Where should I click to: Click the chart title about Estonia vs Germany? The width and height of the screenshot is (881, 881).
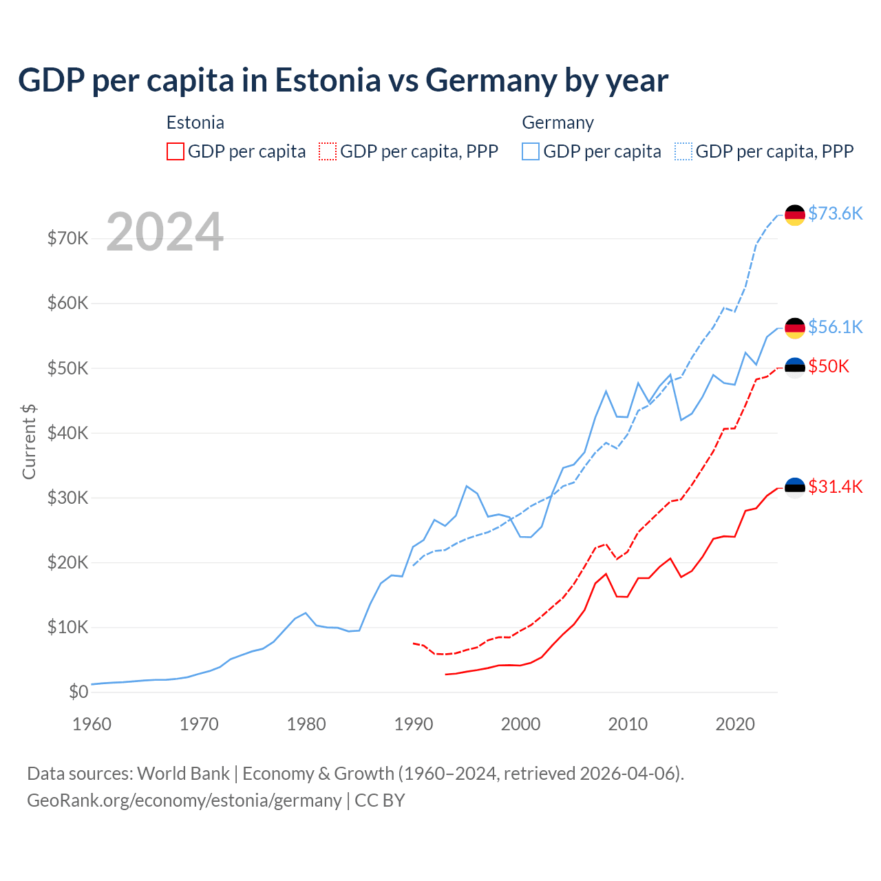pos(343,81)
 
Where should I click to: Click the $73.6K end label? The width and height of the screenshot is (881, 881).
pos(835,213)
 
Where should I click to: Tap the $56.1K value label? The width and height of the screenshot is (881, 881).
pos(835,327)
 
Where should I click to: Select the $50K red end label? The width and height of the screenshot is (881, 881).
pos(829,366)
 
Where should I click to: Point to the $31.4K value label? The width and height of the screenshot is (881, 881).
pos(835,487)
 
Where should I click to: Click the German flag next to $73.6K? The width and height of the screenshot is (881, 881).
pos(795,215)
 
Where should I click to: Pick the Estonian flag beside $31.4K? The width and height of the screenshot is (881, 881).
pos(795,487)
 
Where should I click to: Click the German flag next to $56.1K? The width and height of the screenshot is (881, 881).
pos(795,328)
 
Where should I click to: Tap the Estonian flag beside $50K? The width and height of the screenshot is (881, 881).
pos(795,368)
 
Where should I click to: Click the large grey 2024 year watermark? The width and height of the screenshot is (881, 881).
pos(165,232)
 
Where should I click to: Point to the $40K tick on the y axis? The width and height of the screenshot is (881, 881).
pos(67,433)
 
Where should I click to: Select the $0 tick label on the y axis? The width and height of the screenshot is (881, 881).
pos(78,692)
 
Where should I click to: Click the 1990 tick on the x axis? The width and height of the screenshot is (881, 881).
pos(414,724)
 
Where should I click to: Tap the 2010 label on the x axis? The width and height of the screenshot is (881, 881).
pos(628,724)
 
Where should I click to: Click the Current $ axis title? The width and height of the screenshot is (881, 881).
pos(29,441)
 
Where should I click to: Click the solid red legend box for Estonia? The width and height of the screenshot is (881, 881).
pos(176,151)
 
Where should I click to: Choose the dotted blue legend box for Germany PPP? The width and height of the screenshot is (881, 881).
pos(683,151)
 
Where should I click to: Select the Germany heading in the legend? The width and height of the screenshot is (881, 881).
pos(558,123)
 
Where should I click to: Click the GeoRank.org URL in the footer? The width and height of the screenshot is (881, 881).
pos(184,800)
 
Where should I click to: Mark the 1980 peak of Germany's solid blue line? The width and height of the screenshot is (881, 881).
pos(306,613)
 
